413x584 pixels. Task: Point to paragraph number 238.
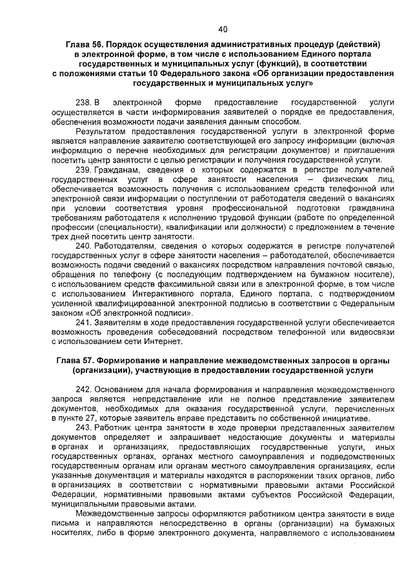click(85, 102)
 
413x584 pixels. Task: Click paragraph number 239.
click(84, 170)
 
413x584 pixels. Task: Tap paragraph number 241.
click(84, 322)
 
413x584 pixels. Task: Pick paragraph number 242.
click(84, 390)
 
